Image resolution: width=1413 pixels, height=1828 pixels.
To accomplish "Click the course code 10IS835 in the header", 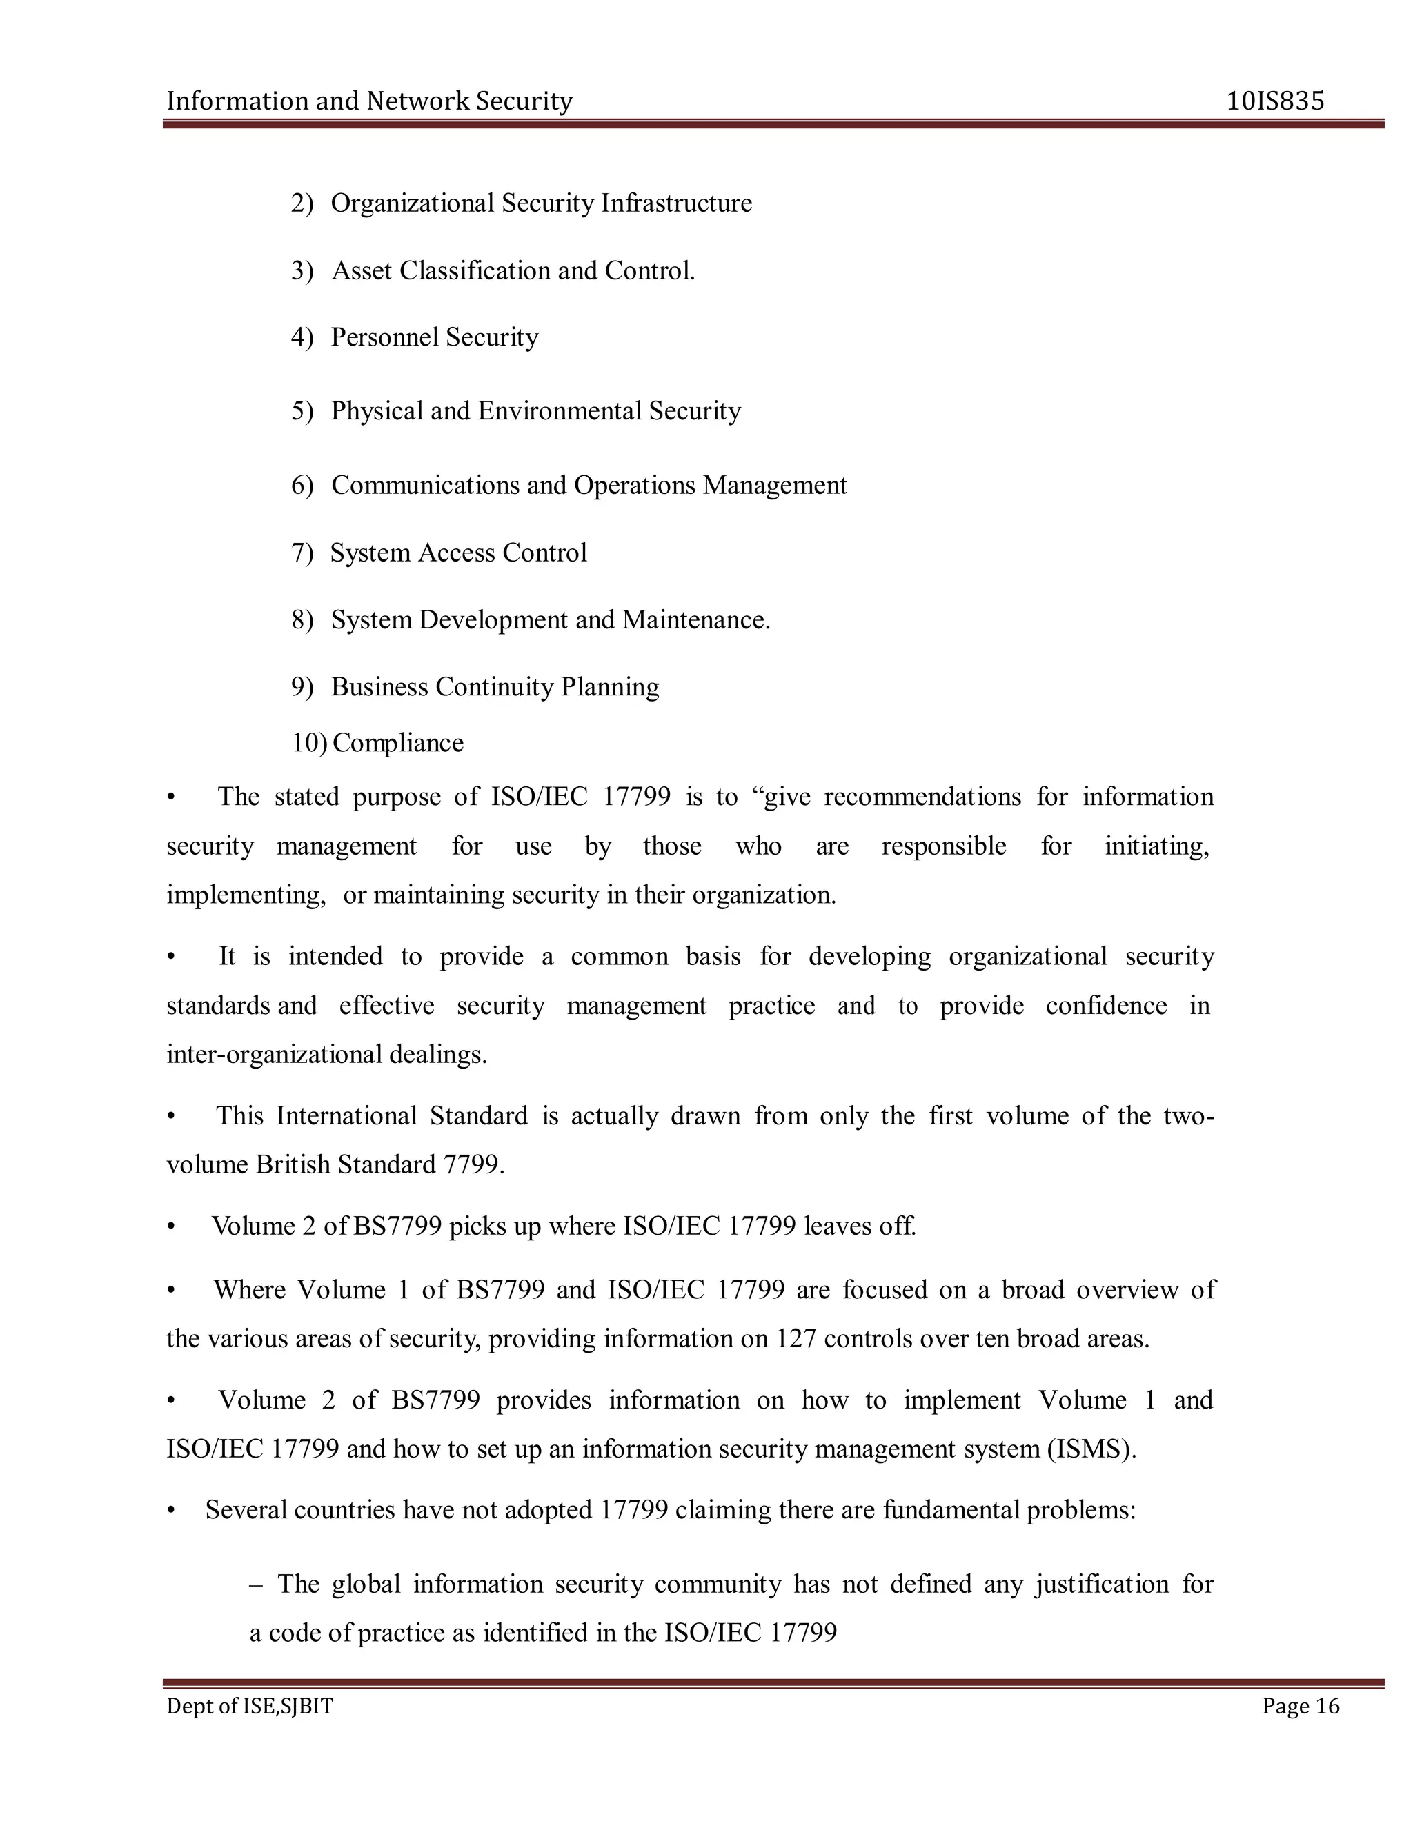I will point(1275,101).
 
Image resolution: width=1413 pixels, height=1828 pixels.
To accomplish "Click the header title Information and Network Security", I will point(369,101).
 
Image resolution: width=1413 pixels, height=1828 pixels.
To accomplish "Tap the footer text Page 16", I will point(1301,1706).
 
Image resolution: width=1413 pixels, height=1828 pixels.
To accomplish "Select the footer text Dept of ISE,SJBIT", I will point(250,1706).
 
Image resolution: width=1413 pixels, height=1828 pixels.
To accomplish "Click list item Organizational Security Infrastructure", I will point(541,203).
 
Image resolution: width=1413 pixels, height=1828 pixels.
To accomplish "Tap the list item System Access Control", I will point(458,553).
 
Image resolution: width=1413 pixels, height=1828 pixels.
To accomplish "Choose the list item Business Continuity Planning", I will point(494,686).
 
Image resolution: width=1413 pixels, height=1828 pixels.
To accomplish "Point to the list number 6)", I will point(302,486).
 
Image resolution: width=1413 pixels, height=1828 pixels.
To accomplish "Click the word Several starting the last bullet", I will point(247,1510).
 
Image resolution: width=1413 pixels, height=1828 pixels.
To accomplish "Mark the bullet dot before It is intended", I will point(172,957).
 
